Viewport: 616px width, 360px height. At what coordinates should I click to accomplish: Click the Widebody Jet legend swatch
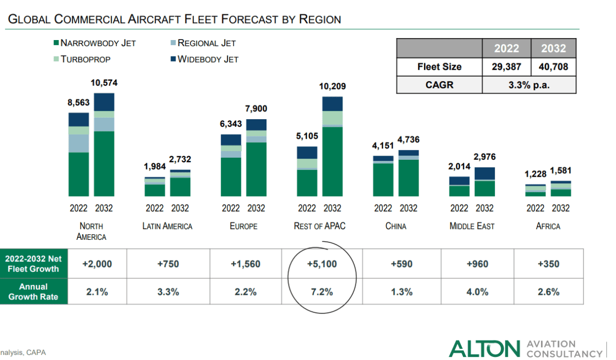172,59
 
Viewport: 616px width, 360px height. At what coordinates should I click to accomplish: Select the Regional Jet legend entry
206,43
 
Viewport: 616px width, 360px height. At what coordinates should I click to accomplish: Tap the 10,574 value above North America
104,83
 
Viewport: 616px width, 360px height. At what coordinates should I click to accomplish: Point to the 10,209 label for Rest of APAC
332,86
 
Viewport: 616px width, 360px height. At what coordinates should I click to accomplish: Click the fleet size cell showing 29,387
507,67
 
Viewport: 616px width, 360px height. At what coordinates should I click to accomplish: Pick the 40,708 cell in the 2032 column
553,67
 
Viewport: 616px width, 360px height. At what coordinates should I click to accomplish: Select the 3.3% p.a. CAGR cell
529,85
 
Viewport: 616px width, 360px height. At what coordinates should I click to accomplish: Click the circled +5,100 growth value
322,264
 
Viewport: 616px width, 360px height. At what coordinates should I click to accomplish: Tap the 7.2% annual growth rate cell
322,292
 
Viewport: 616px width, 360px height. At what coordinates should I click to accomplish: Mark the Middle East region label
472,226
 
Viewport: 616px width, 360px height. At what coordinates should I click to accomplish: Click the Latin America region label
167,226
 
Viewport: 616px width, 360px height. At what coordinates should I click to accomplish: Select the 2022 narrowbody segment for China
383,180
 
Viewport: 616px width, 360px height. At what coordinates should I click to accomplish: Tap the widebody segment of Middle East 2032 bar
485,173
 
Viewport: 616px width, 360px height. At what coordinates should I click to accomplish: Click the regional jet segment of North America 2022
79,143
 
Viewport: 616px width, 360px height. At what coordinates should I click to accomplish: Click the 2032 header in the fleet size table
553,49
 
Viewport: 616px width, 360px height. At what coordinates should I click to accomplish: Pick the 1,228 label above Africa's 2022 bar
535,175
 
